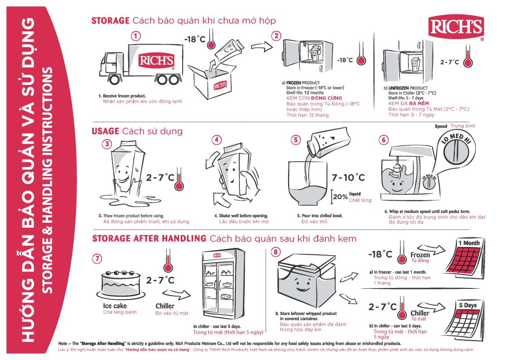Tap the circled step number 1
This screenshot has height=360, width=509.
[136, 36]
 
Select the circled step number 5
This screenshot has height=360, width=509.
[296, 140]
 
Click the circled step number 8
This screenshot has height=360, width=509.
[276, 252]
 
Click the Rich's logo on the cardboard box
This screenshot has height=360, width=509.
[220, 85]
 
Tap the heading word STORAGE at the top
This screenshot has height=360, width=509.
[111, 20]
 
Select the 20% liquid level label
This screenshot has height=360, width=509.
[341, 197]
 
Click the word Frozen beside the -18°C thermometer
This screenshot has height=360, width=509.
[420, 255]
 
